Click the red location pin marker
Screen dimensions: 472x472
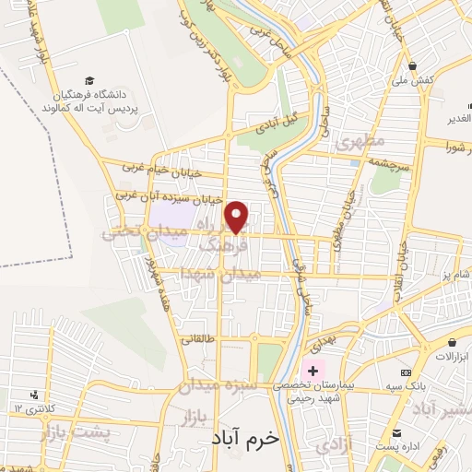(238, 217)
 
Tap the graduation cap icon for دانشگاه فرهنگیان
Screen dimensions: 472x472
(89, 81)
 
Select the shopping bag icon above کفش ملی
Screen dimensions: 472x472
(417, 67)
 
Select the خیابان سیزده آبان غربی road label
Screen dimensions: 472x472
(168, 197)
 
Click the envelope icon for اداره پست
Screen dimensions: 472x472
(397, 434)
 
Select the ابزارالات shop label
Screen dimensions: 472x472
(452, 356)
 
